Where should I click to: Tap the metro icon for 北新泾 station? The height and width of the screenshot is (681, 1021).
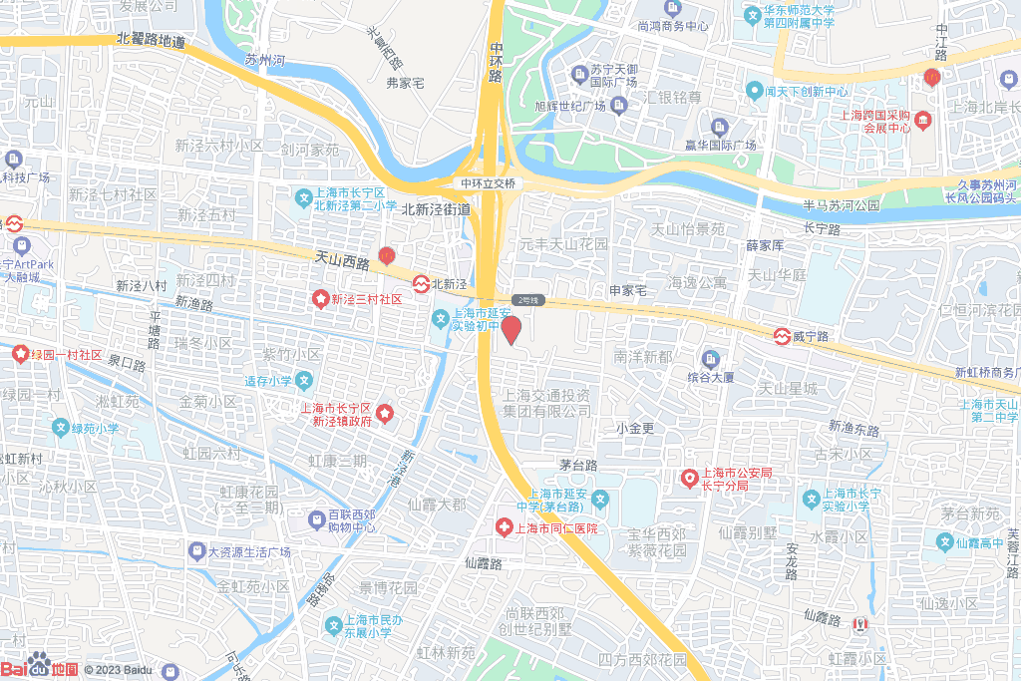[421, 284]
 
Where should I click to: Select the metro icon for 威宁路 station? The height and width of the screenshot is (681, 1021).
[784, 336]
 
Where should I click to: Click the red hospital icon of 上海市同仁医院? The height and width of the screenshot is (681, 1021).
[505, 526]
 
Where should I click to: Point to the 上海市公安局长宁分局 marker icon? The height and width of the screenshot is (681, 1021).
[689, 480]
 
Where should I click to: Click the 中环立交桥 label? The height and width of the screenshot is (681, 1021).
[488, 183]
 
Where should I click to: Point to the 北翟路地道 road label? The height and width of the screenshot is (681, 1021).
[151, 41]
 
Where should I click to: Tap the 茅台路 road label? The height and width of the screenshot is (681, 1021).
[577, 465]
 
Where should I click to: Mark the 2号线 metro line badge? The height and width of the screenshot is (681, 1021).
[526, 300]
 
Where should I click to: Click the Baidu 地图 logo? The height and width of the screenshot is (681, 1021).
[40, 666]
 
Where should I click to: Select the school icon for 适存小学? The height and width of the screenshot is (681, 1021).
[304, 380]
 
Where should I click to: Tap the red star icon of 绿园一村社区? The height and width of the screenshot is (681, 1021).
[20, 353]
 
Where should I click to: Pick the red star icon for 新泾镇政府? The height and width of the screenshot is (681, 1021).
[384, 414]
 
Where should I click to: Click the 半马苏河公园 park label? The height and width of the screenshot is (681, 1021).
[840, 205]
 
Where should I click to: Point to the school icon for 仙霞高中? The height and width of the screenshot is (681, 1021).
[944, 541]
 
